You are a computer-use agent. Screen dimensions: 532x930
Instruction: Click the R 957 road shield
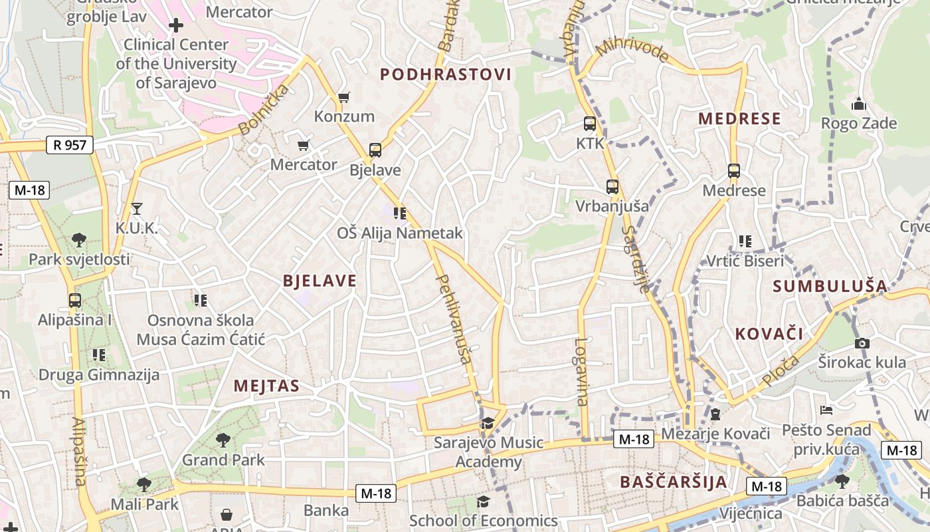click(70, 145)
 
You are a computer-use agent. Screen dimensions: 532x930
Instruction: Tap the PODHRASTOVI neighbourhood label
click(446, 74)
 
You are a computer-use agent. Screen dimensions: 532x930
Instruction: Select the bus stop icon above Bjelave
click(375, 150)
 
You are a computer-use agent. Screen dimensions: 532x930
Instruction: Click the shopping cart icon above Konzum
click(343, 98)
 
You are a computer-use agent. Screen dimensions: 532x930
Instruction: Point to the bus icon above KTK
click(589, 124)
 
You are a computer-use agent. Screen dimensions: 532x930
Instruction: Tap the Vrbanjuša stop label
click(612, 205)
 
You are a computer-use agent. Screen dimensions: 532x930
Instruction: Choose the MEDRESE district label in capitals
click(739, 119)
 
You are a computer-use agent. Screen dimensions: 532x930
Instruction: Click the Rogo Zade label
click(859, 123)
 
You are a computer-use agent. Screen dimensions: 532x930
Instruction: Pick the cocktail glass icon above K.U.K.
click(137, 209)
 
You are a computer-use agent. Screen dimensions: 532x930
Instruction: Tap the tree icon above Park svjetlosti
click(79, 239)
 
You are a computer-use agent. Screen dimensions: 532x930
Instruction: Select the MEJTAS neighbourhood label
click(266, 386)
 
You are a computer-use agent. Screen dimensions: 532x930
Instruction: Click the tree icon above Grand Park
click(223, 440)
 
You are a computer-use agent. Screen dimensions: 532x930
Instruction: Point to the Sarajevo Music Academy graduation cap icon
click(488, 423)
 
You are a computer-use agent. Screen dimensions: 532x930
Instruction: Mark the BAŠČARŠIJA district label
click(673, 482)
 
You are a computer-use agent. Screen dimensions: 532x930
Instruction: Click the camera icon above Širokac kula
click(862, 343)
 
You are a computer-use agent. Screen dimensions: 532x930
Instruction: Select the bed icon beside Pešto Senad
click(826, 410)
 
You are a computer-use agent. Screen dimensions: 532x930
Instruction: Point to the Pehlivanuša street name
click(454, 320)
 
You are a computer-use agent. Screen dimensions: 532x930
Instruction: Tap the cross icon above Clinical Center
click(176, 25)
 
